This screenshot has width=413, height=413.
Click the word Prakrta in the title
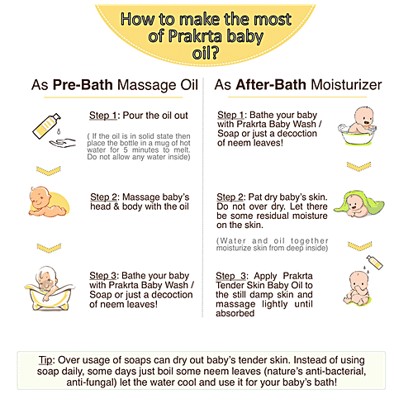click(195, 36)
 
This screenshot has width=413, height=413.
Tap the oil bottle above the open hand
click(46, 126)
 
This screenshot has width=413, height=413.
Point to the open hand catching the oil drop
click(63, 143)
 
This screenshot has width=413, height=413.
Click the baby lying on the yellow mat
click(49, 202)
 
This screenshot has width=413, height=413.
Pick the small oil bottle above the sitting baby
click(375, 262)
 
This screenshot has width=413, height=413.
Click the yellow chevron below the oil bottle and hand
click(49, 171)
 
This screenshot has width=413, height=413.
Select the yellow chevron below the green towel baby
click(359, 246)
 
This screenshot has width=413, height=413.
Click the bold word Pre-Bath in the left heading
click(83, 85)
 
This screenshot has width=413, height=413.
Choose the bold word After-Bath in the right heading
click(271, 85)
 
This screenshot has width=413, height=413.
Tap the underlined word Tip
click(45, 360)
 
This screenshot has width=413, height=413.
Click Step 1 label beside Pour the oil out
click(103, 116)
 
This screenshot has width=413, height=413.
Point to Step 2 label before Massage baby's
click(104, 197)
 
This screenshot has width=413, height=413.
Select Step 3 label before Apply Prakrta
click(232, 276)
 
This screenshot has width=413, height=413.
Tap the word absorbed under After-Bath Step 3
click(235, 313)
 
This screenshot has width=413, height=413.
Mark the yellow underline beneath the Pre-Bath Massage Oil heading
click(113, 97)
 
